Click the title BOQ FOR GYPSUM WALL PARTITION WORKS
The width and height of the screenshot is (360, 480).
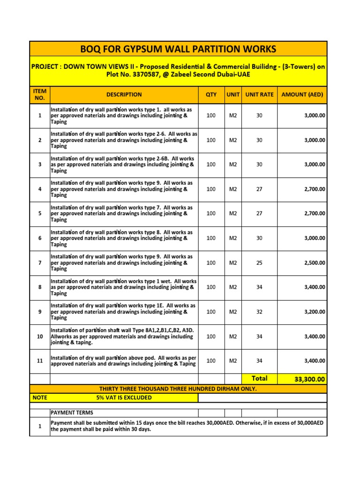click(178, 49)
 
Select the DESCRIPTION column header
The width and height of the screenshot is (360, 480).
click(124, 95)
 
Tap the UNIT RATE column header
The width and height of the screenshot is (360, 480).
click(259, 95)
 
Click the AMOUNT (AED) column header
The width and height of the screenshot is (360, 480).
click(302, 95)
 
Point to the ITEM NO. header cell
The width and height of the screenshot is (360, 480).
click(40, 94)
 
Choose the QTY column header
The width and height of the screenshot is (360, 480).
click(211, 95)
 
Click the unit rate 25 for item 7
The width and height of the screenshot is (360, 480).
click(259, 263)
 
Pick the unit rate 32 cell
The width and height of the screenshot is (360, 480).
click(259, 312)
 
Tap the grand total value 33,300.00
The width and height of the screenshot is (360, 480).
click(309, 379)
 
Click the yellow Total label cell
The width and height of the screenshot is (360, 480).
click(260, 378)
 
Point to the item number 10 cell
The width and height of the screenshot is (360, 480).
click(40, 337)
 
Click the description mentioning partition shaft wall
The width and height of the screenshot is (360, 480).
click(124, 337)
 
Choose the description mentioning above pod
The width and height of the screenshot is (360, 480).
click(124, 361)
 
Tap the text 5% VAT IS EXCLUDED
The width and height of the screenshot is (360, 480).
click(124, 397)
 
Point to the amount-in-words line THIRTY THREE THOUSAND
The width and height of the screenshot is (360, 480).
click(178, 389)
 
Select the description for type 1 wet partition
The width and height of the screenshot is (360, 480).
click(124, 287)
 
